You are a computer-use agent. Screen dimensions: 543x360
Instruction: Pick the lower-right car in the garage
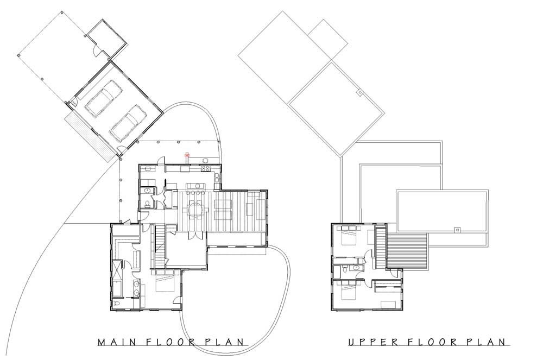coord(127,124)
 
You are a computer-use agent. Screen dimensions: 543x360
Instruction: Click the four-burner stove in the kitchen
coord(205,168)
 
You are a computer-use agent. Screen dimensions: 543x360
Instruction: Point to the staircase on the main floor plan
coord(160,246)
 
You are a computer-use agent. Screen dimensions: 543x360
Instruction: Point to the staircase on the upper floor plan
coord(381,246)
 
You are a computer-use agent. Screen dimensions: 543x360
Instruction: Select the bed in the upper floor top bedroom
coord(350,236)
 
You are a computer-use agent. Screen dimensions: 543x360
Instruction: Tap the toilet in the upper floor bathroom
coord(345,269)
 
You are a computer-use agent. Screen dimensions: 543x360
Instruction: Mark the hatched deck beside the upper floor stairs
coord(407,251)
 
